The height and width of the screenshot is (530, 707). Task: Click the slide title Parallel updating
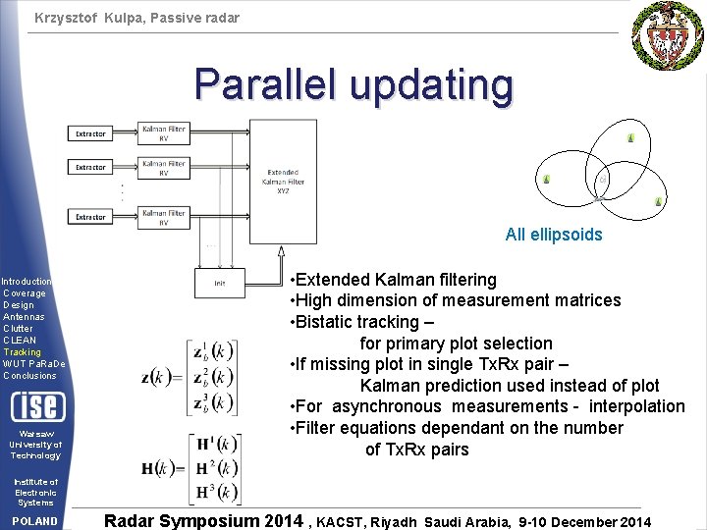click(353, 85)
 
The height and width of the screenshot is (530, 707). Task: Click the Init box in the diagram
click(220, 283)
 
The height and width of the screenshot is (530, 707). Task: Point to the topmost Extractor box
click(91, 133)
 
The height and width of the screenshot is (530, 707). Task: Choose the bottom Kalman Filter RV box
click(163, 217)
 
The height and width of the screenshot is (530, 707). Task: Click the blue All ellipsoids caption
click(554, 235)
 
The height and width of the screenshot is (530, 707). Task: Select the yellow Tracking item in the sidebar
click(23, 351)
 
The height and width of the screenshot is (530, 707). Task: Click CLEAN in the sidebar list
click(20, 340)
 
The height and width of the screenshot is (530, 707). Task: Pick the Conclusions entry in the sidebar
click(30, 375)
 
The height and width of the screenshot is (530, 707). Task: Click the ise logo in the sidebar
click(36, 405)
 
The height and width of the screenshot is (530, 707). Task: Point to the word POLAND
click(36, 521)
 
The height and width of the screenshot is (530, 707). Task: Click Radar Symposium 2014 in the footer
click(203, 520)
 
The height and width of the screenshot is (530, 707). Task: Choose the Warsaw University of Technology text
click(35, 445)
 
